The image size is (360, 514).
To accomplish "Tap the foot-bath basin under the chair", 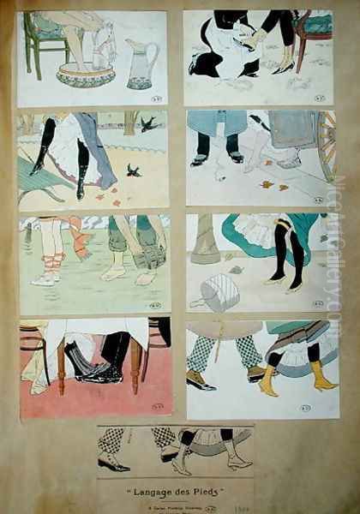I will pos(85,75).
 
